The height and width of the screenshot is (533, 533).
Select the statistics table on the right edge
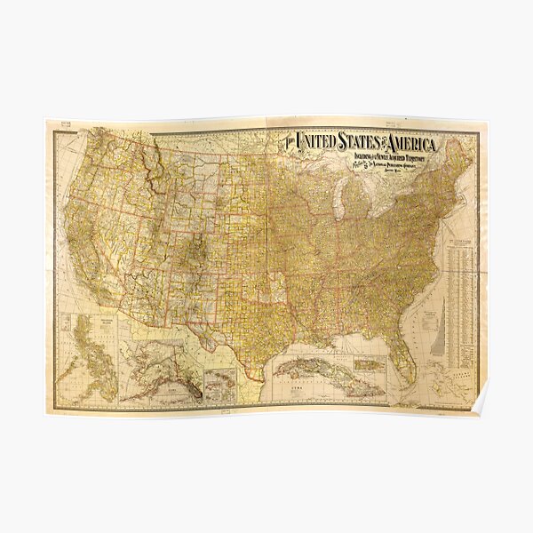[460, 293]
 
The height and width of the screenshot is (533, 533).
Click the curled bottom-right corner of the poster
[480, 406]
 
